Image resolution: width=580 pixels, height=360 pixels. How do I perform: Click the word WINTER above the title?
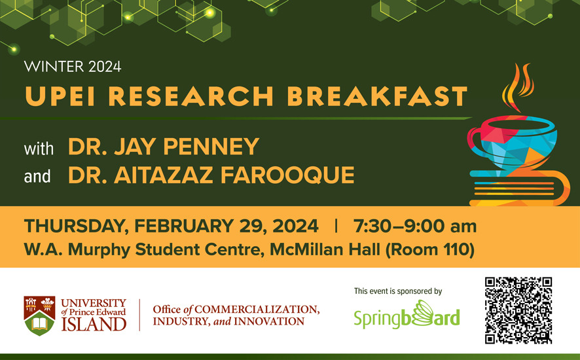pos(48,66)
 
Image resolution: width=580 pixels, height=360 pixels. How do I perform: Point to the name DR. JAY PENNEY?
pos(164,147)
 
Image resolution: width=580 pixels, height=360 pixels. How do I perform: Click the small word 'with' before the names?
pos(39,148)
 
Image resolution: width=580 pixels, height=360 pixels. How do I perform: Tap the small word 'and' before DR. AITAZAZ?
pos(37,176)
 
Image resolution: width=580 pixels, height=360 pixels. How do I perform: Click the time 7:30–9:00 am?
pos(414,226)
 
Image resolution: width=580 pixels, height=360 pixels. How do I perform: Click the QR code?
pos(518,310)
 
